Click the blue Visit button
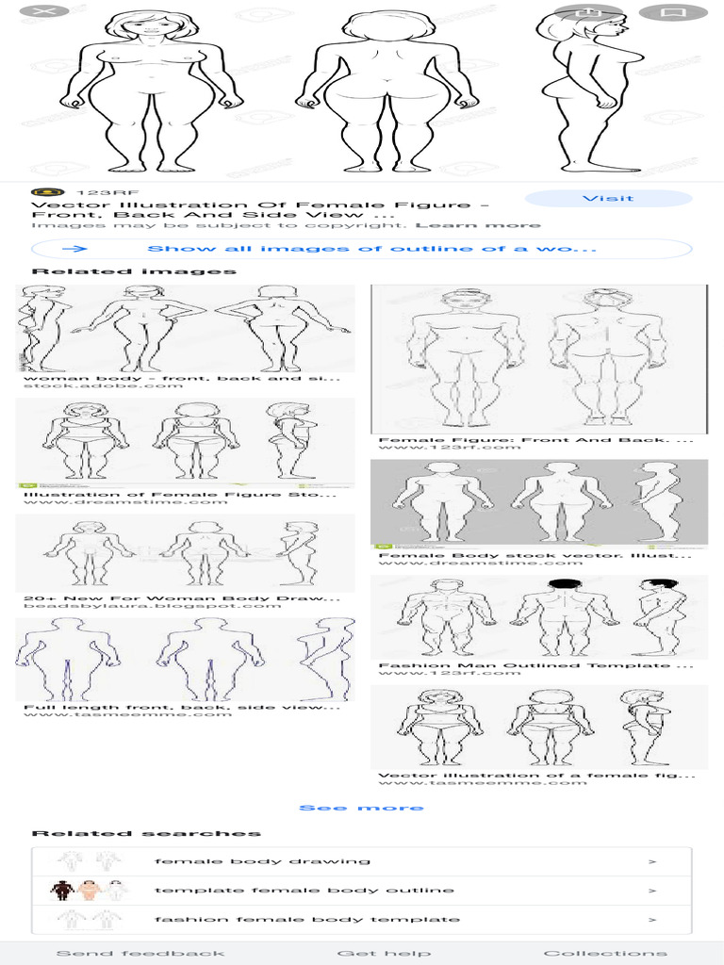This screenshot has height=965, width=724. point(608,199)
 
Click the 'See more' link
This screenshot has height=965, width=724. point(361,808)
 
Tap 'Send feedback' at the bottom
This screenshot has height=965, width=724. point(140,953)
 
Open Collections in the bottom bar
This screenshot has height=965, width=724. point(605,953)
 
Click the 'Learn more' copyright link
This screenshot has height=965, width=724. point(478,225)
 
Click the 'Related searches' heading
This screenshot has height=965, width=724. point(146,833)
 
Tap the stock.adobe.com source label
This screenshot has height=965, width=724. point(103,385)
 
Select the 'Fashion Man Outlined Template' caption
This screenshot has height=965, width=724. point(536,665)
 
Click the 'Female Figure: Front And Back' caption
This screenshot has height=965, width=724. point(536,439)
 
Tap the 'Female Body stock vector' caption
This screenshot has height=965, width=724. point(536,555)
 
